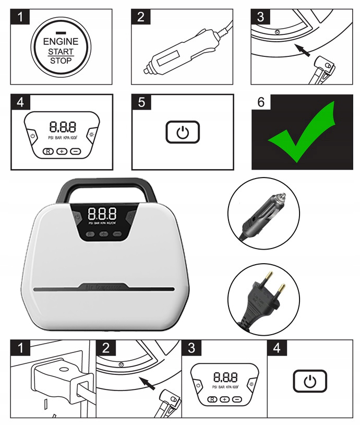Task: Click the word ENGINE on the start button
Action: click(61, 41)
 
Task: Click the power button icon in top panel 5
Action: click(182, 133)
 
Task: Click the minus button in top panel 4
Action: click(76, 151)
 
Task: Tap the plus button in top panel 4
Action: click(62, 151)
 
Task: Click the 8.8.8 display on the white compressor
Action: click(102, 213)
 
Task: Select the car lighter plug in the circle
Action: click(263, 215)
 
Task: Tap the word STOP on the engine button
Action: click(61, 61)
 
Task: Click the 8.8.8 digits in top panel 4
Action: click(62, 126)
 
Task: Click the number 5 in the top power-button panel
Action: click(141, 102)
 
